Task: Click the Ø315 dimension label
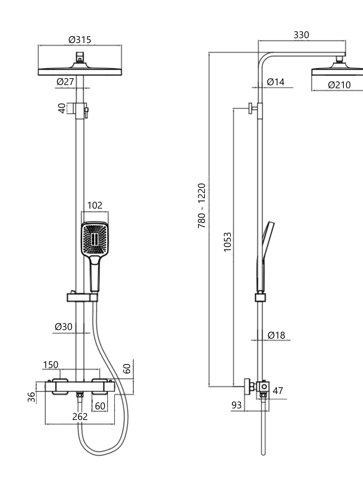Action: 80,40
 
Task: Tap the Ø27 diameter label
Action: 65,82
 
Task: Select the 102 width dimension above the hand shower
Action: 95,205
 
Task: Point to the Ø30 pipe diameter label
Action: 64,327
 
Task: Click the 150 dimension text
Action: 51,365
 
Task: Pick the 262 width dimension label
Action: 80,417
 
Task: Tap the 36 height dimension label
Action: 31,397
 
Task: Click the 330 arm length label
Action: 301,35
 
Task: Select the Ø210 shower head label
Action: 339,85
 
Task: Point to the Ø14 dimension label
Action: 276,82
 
